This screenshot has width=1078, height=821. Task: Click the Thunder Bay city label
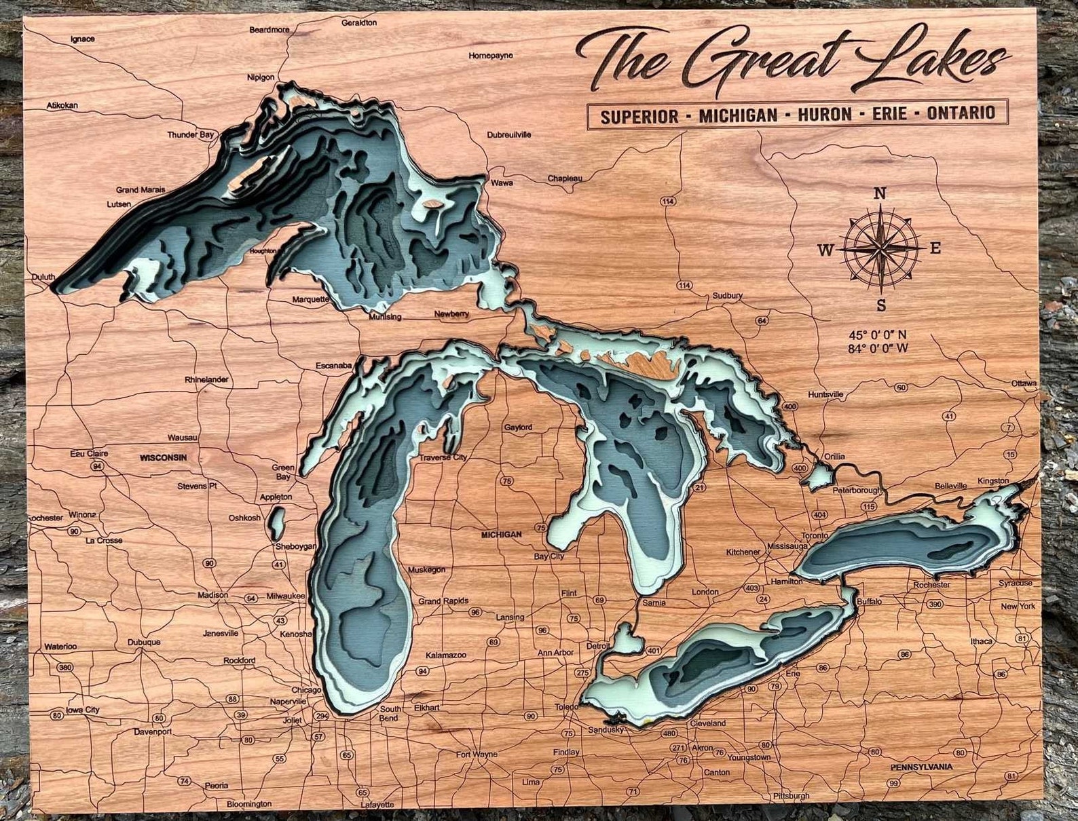[x=191, y=134]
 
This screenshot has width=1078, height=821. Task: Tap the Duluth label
[x=43, y=277]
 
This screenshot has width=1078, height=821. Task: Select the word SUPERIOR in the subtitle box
[x=639, y=115]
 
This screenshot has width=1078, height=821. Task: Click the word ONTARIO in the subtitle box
[x=961, y=113]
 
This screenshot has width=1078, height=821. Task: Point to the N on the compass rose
[x=880, y=193]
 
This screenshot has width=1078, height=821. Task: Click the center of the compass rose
[x=880, y=249]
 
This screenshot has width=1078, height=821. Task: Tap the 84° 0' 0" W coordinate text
[x=878, y=349]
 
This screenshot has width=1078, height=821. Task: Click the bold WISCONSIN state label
[x=163, y=457]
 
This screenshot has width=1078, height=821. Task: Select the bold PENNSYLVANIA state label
[x=921, y=767]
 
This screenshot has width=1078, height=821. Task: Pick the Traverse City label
[x=443, y=457]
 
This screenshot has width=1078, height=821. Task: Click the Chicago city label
[x=307, y=689]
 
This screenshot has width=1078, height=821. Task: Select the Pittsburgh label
[x=791, y=795]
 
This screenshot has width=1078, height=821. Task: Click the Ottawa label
[x=1024, y=383]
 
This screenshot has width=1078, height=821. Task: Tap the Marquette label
[x=310, y=299]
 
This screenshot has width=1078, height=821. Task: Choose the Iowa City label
[x=82, y=710]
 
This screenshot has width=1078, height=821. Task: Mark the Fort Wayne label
[x=476, y=754]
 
